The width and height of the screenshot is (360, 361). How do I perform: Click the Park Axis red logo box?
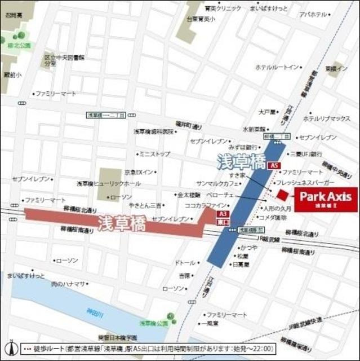pyautogui.click(x=325, y=200)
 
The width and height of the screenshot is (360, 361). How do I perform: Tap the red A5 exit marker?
pyautogui.click(x=274, y=166)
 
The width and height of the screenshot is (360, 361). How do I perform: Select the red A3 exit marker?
pyautogui.click(x=223, y=214)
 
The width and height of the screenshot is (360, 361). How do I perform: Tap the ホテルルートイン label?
pyautogui.click(x=277, y=67)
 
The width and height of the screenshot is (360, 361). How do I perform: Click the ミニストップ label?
pyautogui.click(x=154, y=153)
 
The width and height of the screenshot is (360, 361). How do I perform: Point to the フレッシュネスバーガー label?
pyautogui.click(x=305, y=184)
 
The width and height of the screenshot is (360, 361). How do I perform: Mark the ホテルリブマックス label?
pyautogui.click(x=327, y=119)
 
